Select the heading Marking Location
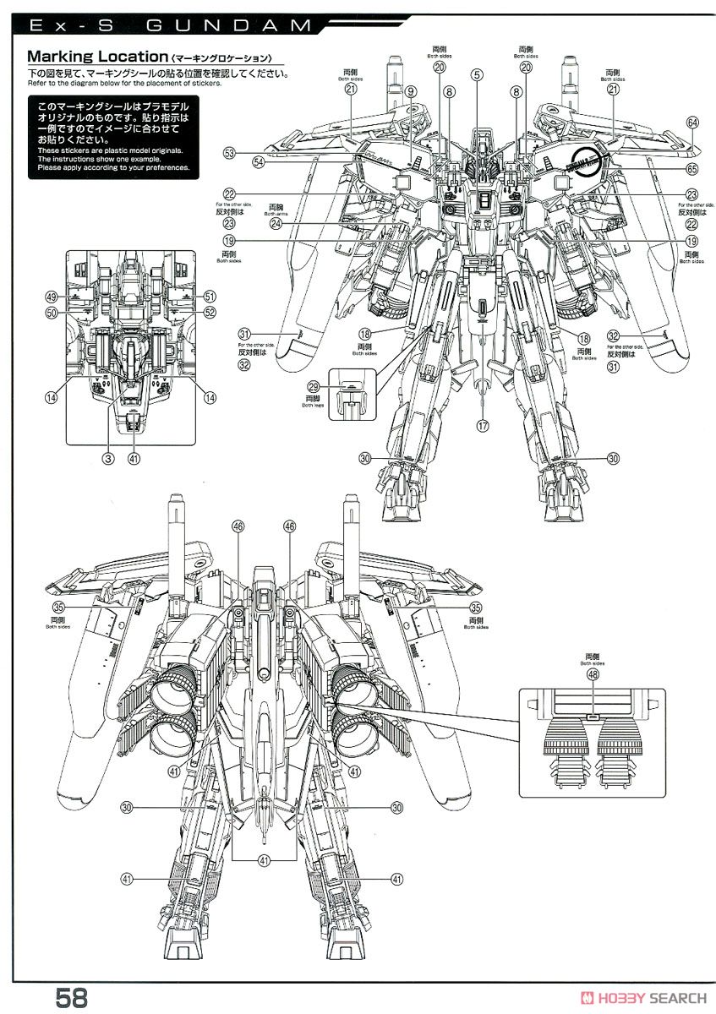click(x=96, y=57)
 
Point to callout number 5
click(x=478, y=74)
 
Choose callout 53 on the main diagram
click(x=229, y=153)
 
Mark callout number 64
click(x=693, y=123)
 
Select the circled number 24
click(x=276, y=224)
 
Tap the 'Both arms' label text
click(x=276, y=214)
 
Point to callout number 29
click(x=313, y=384)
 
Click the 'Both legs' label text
click(x=313, y=405)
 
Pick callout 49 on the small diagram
click(x=52, y=297)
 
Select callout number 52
click(x=210, y=313)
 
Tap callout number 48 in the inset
click(x=592, y=675)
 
